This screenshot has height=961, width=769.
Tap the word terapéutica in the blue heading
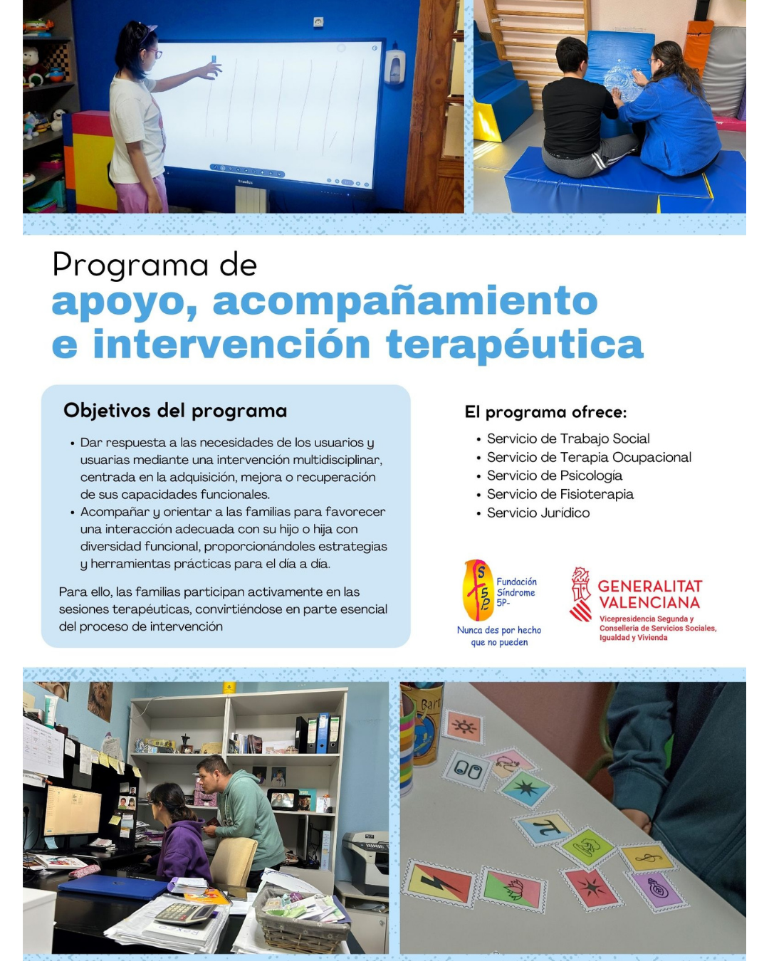(514, 345)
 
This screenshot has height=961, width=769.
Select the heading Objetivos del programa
(175, 411)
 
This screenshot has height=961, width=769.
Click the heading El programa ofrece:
(545, 412)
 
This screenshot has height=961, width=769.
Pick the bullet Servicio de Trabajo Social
(567, 439)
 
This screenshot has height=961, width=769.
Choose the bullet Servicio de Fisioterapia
(560, 494)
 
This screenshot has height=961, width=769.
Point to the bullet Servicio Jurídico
(538, 513)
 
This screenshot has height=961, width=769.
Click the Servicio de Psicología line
(554, 476)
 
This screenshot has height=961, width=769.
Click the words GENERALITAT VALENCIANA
(649, 594)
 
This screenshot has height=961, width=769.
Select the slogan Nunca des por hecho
(498, 630)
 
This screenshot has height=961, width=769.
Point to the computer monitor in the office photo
(73, 812)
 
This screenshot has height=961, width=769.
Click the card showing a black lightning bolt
(439, 883)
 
